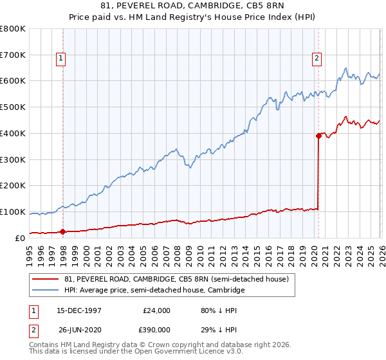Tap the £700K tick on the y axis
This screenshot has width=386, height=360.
(x=13, y=55)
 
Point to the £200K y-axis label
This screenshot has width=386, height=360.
(x=13, y=186)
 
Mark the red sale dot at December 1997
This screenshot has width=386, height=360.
(x=63, y=231)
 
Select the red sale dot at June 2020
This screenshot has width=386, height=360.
(x=318, y=136)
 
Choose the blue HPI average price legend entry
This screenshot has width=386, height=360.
(x=154, y=291)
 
